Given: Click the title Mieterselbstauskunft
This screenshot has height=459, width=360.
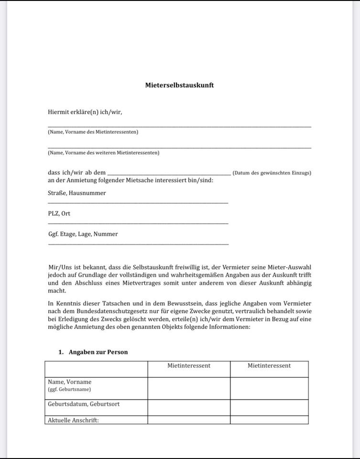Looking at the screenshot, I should coord(179,85).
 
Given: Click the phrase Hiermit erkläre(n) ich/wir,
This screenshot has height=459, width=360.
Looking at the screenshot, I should coord(85,112).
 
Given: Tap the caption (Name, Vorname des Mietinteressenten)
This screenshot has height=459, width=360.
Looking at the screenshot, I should coord(93,132).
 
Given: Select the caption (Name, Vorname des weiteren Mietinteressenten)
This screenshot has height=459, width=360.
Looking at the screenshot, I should coord(103,153).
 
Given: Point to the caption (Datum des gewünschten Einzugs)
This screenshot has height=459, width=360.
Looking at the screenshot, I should coord(272,173).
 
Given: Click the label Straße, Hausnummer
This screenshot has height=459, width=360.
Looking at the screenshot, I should coord(77,193).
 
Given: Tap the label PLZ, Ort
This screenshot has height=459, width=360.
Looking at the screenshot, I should coord(59,214).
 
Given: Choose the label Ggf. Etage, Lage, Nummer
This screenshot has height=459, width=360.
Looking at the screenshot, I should coord(83,234).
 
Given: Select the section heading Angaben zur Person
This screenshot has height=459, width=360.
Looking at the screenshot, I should coord(98,352).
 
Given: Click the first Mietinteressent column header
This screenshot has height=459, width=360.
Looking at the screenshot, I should coord(189,366).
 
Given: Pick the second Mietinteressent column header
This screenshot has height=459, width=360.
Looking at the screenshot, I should coord(269,366).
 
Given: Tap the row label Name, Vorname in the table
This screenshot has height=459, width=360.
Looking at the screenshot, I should coord(70,382).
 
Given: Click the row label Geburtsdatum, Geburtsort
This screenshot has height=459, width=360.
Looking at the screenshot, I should coord(84,404).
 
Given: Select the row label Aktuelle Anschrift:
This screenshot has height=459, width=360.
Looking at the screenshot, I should coord(73,421).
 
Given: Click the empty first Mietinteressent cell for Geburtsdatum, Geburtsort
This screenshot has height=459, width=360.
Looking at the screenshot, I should coord(189,407).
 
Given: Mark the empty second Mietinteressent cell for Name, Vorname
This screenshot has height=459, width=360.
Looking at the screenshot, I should coord(269,388).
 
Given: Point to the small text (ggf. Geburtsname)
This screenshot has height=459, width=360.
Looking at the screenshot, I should coord(69,389).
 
